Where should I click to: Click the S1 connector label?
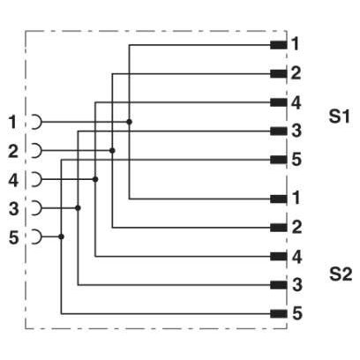point(340,116)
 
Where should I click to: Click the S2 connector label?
point(341,274)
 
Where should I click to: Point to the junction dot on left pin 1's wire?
point(129,122)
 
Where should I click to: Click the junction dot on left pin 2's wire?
point(112,151)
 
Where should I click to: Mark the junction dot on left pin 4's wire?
point(95,179)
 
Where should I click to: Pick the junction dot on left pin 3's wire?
point(78,208)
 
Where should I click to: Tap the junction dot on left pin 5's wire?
point(61,236)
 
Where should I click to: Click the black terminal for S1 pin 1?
point(279,45)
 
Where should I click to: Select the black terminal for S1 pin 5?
point(279,160)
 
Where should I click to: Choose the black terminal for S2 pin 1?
point(279,199)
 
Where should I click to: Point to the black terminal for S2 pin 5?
point(279,314)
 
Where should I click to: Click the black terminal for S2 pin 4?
point(279,257)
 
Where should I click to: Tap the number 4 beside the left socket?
point(13,180)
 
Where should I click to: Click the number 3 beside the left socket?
point(14,209)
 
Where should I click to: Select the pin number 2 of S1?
point(296,73)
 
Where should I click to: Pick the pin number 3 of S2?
point(296,285)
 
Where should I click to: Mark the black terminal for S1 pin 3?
point(279,131)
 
